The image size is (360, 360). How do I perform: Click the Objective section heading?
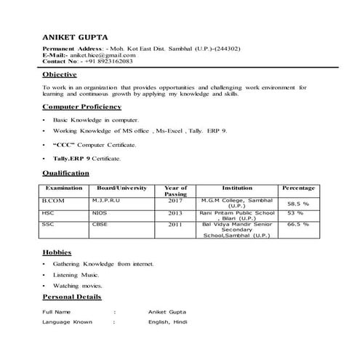(60, 75)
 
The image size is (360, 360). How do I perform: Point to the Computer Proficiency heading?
(80, 106)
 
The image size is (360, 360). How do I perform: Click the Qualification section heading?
(65, 173)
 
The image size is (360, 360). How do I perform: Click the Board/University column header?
(121, 188)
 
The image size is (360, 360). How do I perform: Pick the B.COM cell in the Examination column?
(53, 199)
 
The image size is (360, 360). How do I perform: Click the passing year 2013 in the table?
(175, 213)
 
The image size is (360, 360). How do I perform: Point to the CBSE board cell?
(99, 225)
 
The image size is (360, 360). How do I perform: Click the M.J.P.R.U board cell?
(108, 199)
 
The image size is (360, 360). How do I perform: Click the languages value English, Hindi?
(168, 321)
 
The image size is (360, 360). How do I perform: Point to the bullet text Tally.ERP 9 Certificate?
(87, 158)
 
